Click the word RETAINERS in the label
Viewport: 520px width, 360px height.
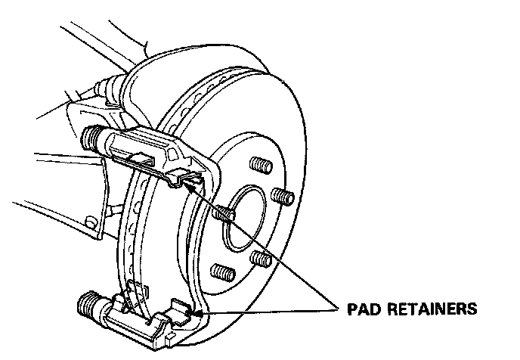click(x=438, y=309)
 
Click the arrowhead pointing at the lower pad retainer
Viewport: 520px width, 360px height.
click(x=198, y=312)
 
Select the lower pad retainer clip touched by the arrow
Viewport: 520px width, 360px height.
click(x=181, y=310)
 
